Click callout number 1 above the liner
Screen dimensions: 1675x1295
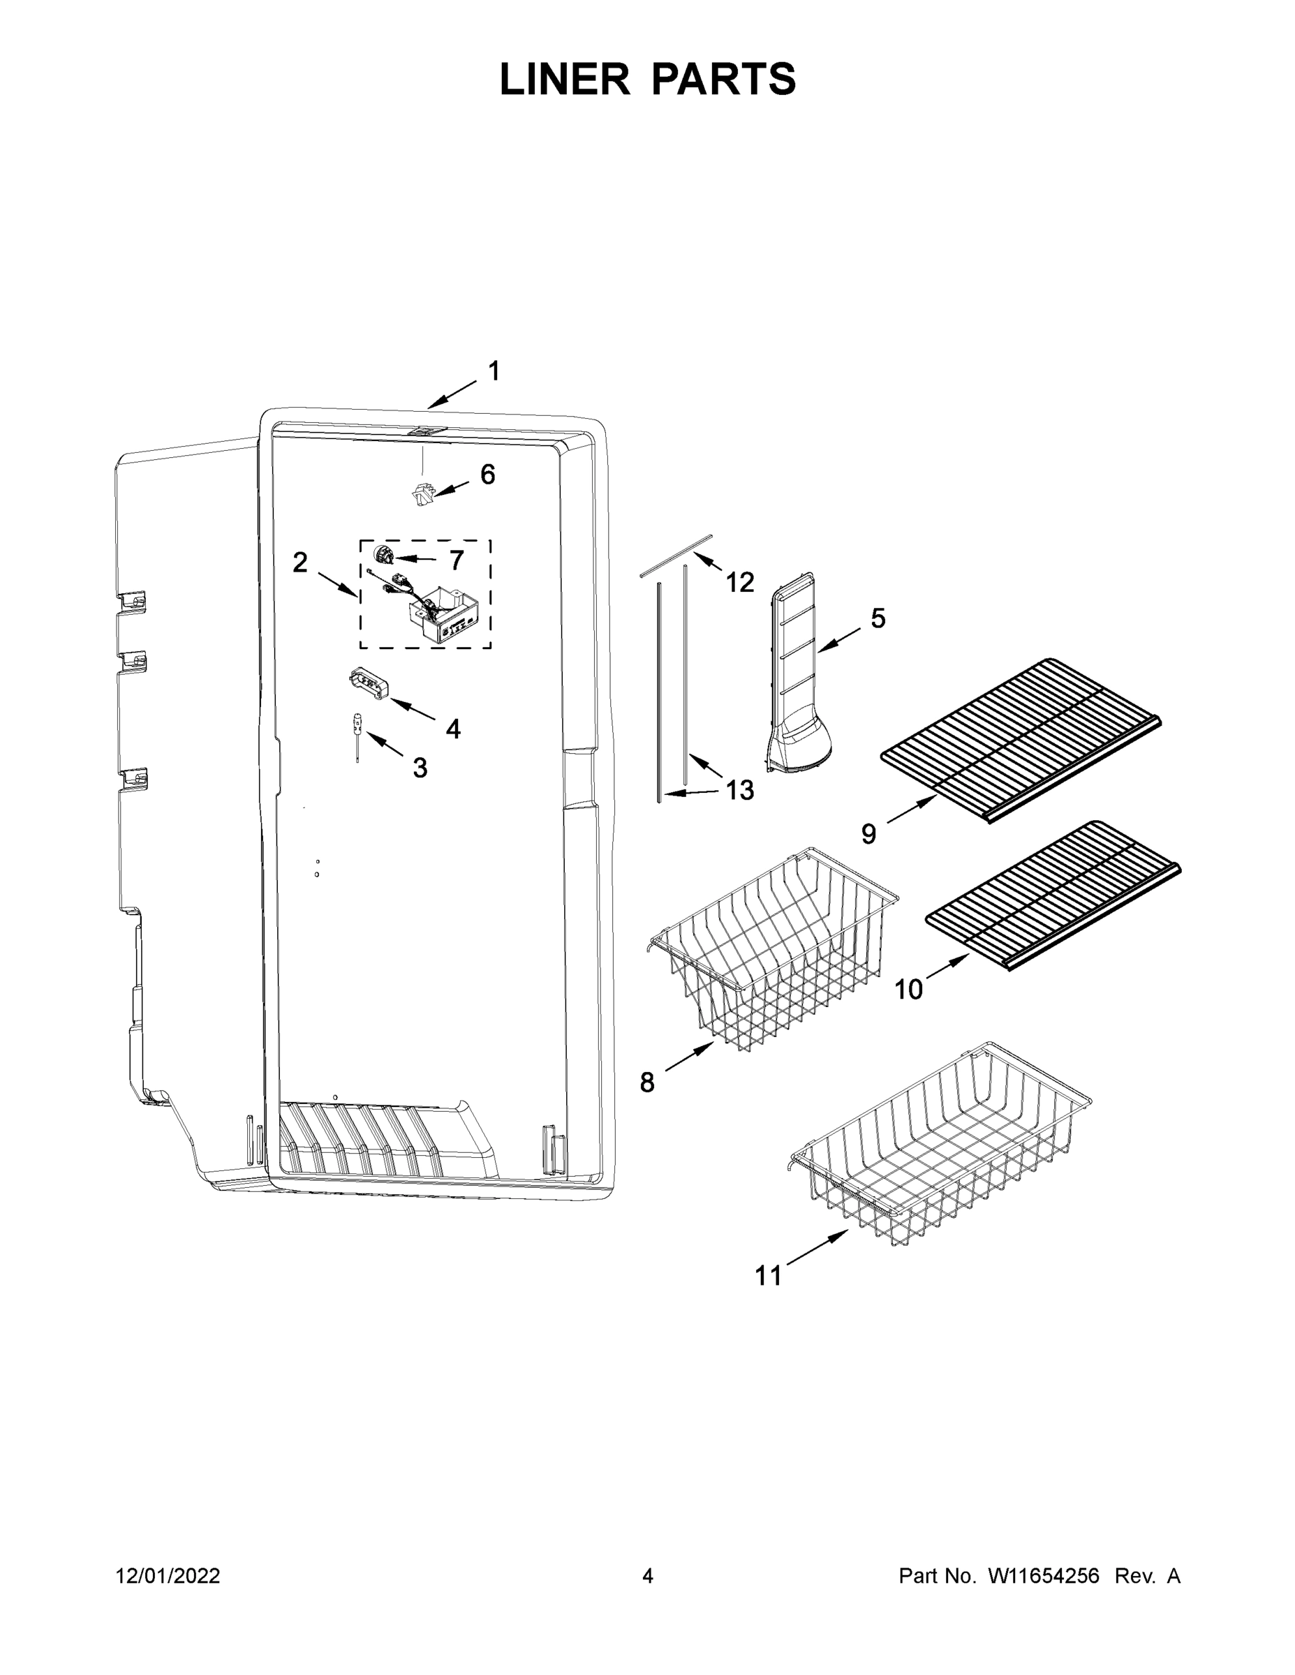click(494, 371)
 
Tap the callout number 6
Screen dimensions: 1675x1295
click(488, 475)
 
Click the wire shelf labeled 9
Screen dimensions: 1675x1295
click(1021, 739)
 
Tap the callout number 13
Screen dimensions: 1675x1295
click(739, 790)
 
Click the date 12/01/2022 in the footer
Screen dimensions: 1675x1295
click(168, 1575)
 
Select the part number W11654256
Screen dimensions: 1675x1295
click(1044, 1575)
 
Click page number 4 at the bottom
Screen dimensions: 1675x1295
click(648, 1575)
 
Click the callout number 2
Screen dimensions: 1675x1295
click(300, 563)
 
